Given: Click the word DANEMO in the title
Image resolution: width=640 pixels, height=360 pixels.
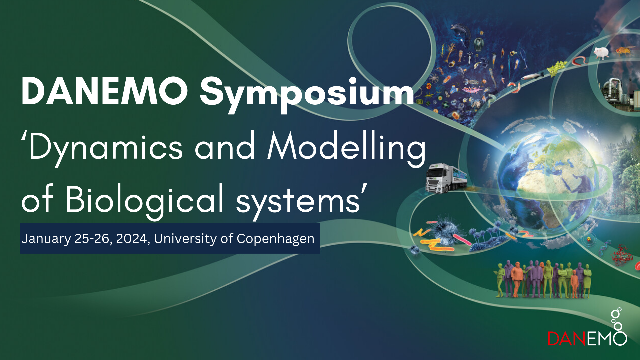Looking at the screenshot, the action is [x=104, y=91].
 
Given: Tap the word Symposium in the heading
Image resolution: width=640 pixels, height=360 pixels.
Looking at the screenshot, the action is [x=307, y=95].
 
